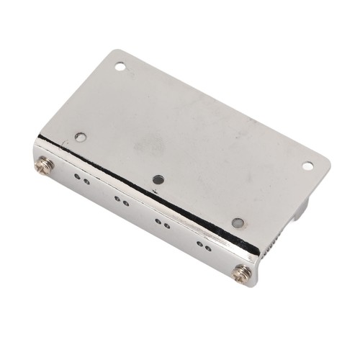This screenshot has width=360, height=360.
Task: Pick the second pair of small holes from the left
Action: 121,202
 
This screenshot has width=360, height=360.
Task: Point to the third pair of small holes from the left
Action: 163,225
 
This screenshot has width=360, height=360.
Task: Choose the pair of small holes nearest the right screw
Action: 204,248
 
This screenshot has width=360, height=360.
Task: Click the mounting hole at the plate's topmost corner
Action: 120,67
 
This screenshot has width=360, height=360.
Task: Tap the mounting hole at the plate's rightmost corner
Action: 307,166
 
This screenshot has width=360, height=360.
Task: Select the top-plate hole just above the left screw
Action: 81,136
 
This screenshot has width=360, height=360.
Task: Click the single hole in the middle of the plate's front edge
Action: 158,179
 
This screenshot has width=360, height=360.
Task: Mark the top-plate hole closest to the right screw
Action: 238,222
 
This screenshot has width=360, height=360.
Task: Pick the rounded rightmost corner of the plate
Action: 326,161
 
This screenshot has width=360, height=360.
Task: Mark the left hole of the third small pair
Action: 158,222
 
